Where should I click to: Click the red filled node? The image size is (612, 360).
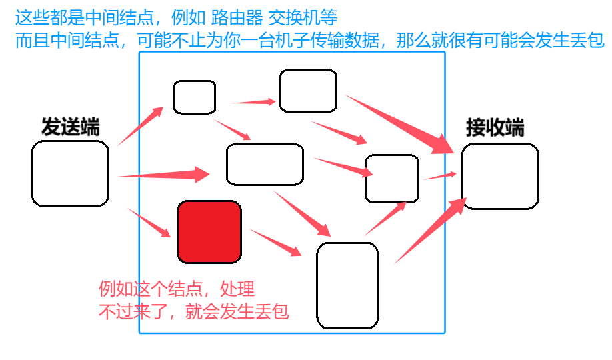tap(209, 231)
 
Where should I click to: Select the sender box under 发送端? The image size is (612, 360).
tap(70, 173)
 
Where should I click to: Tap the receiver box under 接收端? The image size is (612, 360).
tap(500, 176)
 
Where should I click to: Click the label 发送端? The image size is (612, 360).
tap(70, 127)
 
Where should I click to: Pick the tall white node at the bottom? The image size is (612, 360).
tap(347, 285)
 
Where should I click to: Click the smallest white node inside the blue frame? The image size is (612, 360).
tap(195, 97)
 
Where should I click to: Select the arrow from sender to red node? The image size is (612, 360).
tap(150, 223)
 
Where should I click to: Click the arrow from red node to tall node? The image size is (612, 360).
tap(275, 242)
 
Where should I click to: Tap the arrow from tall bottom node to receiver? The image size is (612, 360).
tap(429, 230)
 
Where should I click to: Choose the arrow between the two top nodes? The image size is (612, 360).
tap(254, 102)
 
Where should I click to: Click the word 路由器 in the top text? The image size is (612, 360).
tap(232, 14)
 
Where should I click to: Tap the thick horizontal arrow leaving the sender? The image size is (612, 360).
tap(164, 175)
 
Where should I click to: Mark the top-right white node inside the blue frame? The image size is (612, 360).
tap(308, 91)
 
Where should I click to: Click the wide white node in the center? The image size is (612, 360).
tap(265, 164)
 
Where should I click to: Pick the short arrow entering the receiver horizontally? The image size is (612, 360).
tap(440, 176)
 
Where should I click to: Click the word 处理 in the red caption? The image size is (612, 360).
tap(237, 289)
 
